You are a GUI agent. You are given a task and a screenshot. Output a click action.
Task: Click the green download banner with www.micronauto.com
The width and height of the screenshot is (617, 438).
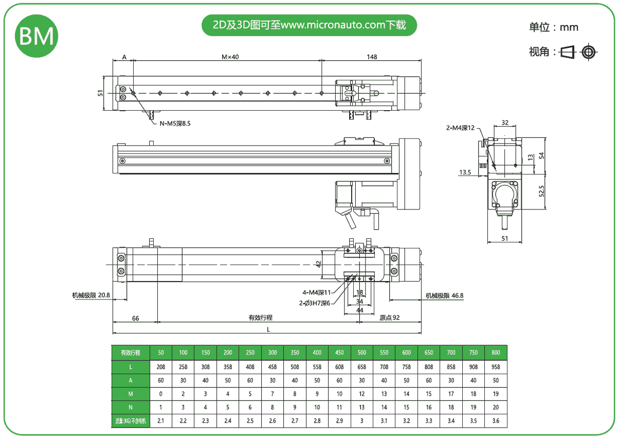[309, 25]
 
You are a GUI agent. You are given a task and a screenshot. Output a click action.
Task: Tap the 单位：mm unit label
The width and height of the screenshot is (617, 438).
[553, 27]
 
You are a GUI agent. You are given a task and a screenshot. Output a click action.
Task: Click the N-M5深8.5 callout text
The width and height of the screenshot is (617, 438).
[178, 123]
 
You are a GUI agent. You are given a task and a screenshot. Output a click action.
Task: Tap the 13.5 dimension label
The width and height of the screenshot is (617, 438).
[465, 172]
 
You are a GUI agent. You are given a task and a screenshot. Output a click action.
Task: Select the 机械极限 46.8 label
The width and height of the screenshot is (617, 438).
[445, 295]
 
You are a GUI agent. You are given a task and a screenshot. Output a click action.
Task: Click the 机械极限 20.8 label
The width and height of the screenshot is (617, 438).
[91, 295]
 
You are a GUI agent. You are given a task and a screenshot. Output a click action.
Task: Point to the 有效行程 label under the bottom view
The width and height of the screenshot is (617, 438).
[260, 318]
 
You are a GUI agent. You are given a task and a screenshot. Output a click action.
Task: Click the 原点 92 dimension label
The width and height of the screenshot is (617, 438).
[389, 318]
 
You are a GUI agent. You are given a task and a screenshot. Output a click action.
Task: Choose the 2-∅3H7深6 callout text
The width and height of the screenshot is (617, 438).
[314, 303]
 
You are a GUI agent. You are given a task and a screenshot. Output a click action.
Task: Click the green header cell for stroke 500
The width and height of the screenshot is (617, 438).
[362, 353]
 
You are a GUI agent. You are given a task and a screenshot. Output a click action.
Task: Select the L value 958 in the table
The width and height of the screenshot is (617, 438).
[496, 366]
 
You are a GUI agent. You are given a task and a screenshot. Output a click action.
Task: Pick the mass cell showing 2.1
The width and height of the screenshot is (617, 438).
[161, 422]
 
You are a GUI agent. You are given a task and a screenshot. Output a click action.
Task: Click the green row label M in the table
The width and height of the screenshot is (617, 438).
[131, 394]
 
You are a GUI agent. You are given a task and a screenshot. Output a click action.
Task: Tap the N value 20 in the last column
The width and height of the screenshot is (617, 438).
[496, 408]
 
